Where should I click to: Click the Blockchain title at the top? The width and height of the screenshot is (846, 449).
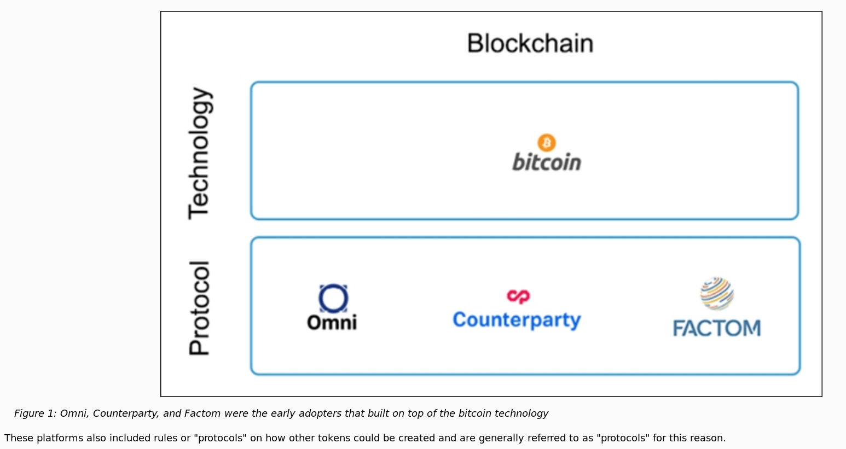[530, 44]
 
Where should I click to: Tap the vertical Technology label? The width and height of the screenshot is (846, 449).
[199, 153]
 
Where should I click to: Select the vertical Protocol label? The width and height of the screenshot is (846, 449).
[199, 308]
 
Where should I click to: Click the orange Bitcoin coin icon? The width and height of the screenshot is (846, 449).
[546, 143]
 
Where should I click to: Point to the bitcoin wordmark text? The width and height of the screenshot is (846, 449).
[546, 162]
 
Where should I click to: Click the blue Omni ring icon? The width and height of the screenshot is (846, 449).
[333, 299]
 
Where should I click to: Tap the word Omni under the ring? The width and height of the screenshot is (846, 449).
[332, 323]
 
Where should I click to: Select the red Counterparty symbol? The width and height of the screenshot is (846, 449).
[518, 296]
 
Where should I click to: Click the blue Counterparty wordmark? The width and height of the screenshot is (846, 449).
[517, 320]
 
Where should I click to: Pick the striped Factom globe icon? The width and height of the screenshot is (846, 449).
[717, 294]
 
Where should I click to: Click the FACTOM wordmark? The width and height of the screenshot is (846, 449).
[717, 328]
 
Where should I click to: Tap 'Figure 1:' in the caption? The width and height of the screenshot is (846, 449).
[35, 413]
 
